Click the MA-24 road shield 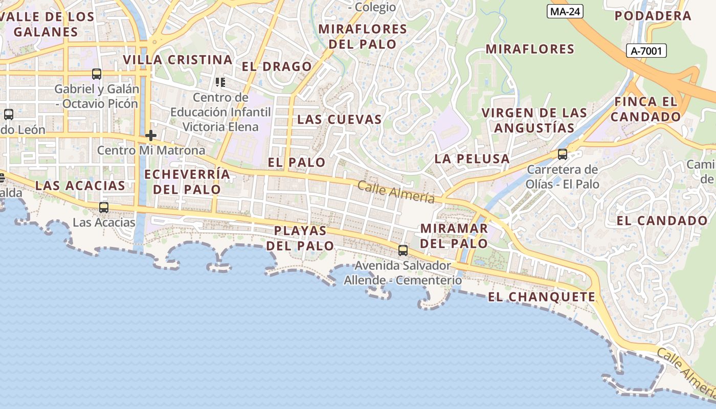(x=565, y=12)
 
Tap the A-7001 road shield (x=646, y=51)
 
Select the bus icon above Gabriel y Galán (x=97, y=74)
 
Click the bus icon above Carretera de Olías (x=563, y=154)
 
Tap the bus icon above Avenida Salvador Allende (x=403, y=251)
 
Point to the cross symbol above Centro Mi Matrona (x=150, y=135)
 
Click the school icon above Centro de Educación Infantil (x=220, y=82)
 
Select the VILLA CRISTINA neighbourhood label (x=177, y=60)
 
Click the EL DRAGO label (x=277, y=66)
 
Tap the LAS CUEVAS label (x=340, y=120)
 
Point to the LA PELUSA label (x=472, y=159)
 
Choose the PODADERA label (x=653, y=16)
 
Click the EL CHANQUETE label (x=542, y=297)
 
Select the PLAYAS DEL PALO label (x=300, y=238)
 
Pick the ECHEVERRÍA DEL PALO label (x=187, y=181)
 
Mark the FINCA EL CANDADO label (x=646, y=109)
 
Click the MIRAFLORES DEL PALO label (x=363, y=36)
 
